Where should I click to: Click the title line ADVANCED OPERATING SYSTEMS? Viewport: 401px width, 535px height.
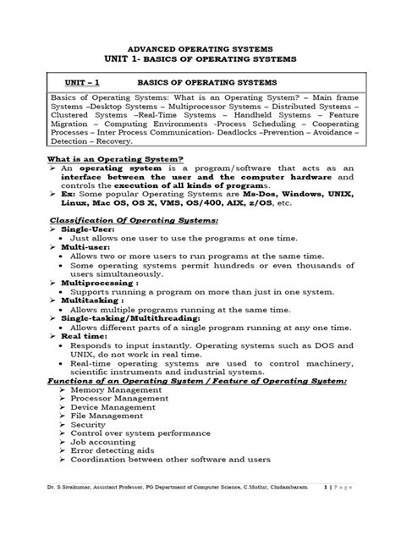point(200,49)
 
